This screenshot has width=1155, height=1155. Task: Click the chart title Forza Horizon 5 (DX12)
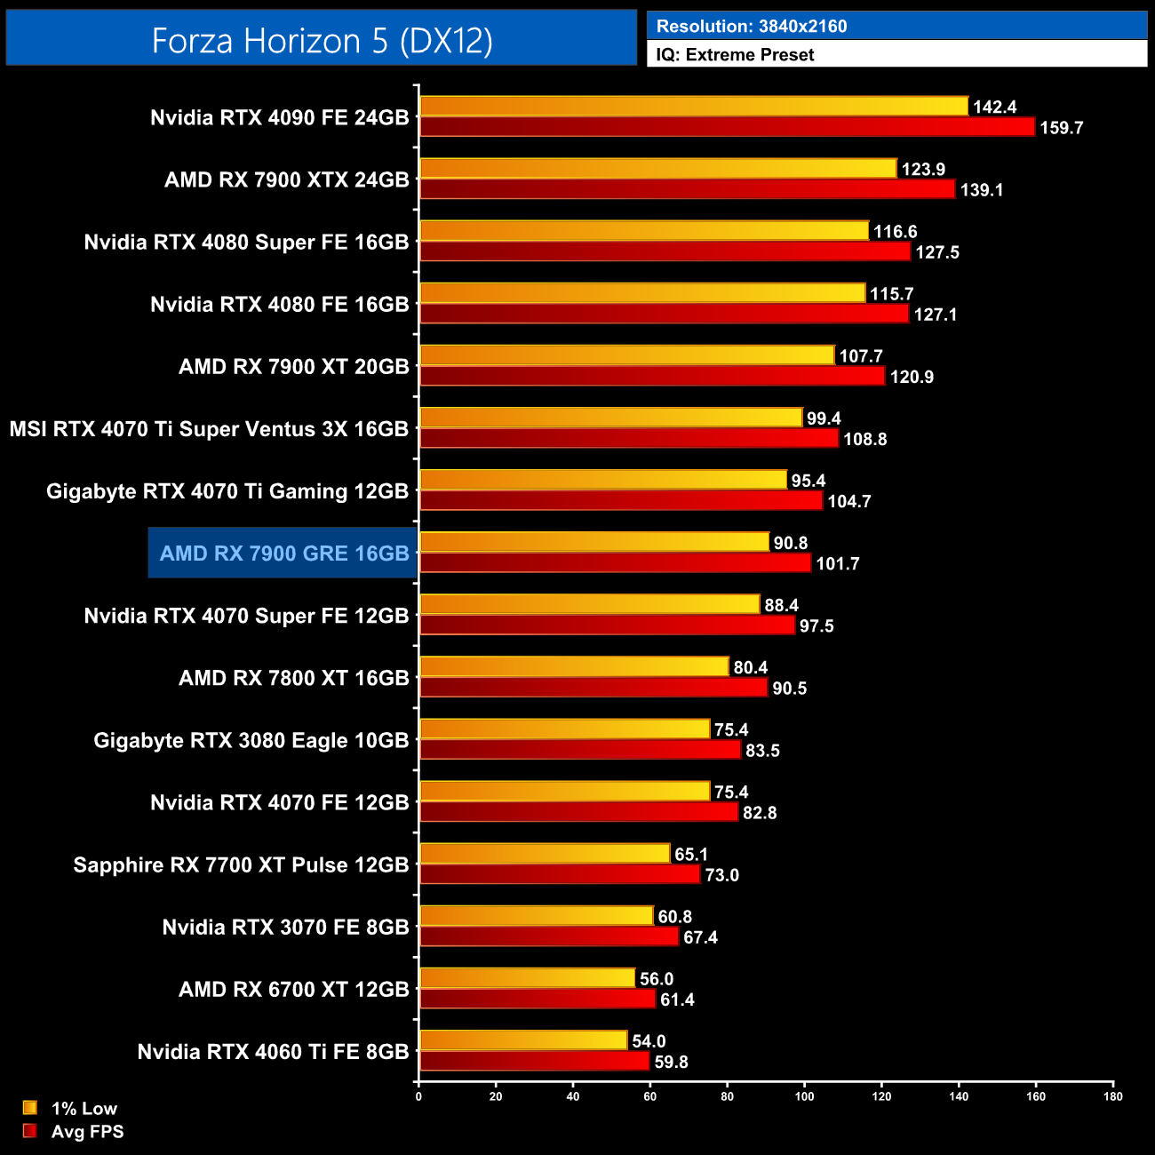coord(322,40)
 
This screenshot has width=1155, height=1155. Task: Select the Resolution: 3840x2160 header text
coord(752,26)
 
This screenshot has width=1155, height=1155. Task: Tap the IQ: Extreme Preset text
coord(735,54)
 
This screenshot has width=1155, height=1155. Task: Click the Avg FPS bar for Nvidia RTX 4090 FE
coord(727,127)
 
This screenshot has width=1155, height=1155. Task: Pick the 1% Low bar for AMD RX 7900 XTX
coord(657,169)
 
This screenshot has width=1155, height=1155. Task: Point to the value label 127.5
coord(937,252)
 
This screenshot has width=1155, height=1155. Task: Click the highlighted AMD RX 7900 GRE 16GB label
coord(284,554)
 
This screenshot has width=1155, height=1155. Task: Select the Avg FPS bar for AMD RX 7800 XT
coord(593,688)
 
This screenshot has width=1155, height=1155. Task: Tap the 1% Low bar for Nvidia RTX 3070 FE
coord(536,916)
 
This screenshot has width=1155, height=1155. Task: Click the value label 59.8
coord(671,1062)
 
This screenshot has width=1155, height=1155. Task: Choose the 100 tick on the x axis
coord(804,1096)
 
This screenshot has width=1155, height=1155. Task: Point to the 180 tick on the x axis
coord(1112,1096)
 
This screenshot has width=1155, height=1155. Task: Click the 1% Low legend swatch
coord(30,1108)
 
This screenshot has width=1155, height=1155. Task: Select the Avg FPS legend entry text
coord(87,1131)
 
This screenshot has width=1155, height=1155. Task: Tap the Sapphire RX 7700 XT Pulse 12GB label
coord(241,864)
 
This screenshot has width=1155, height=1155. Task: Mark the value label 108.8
coord(865,439)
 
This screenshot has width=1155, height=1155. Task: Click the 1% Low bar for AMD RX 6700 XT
coord(527,978)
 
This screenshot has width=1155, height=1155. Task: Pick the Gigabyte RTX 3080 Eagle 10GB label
coord(251,740)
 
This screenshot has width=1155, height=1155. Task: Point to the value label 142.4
coord(994,107)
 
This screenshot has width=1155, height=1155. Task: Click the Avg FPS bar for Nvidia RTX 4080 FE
coord(664,315)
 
